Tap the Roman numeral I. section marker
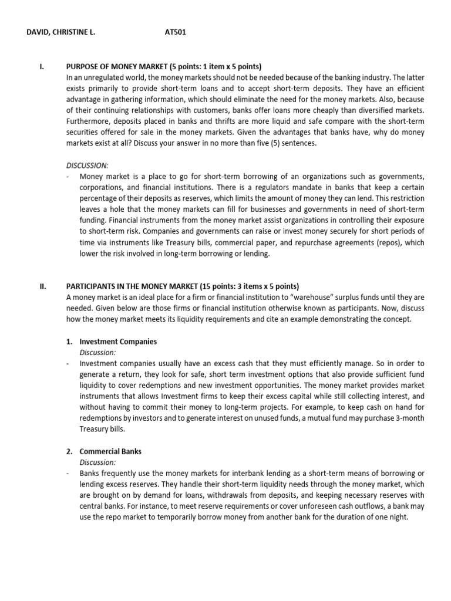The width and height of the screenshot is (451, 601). pyautogui.click(x=41, y=66)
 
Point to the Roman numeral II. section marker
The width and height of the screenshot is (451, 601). pyautogui.click(x=42, y=286)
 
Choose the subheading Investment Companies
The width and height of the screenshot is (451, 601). pyautogui.click(x=118, y=342)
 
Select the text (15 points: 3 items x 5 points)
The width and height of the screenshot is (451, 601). pyautogui.click(x=250, y=286)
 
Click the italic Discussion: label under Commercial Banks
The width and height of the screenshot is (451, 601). pyautogui.click(x=98, y=462)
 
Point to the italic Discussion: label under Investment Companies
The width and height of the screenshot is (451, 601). pyautogui.click(x=98, y=352)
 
